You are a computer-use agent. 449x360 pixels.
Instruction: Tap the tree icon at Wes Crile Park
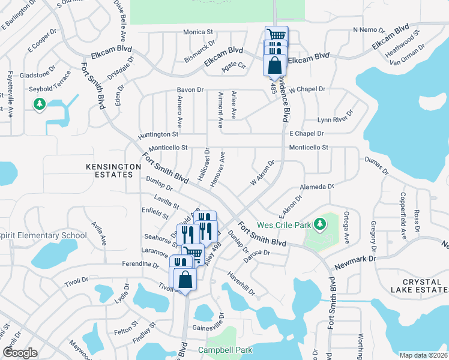click(321, 224)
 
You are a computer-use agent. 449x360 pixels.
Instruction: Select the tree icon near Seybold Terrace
click(40, 105)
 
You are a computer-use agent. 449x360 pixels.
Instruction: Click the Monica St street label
click(198, 32)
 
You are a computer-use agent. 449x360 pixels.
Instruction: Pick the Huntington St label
click(158, 135)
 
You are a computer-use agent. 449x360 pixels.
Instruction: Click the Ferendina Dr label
click(139, 264)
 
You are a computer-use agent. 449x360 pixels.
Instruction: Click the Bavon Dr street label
click(190, 90)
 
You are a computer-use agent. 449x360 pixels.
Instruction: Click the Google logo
click(20, 353)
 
